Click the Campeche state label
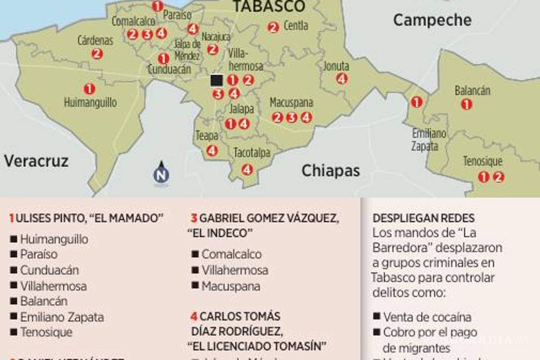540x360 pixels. (x=432, y=20)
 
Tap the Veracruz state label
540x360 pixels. (x=36, y=161)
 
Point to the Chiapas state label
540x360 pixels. (x=331, y=171)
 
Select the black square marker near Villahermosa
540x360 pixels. (x=216, y=80)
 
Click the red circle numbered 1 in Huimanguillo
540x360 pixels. (x=90, y=89)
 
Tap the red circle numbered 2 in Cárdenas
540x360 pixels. (x=97, y=54)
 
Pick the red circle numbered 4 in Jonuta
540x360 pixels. (x=342, y=79)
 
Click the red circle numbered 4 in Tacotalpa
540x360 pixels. (x=247, y=170)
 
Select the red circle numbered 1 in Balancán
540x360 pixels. (x=467, y=104)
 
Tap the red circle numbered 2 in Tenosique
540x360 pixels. (x=498, y=177)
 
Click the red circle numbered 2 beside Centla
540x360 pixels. (x=273, y=27)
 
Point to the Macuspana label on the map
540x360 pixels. (x=291, y=103)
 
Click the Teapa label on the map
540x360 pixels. (x=207, y=136)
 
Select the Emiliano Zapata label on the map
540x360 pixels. (x=429, y=140)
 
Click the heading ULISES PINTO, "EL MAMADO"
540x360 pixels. (x=85, y=219)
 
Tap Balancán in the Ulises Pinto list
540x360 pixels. (x=44, y=301)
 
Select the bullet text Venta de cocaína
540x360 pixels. (x=427, y=317)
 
